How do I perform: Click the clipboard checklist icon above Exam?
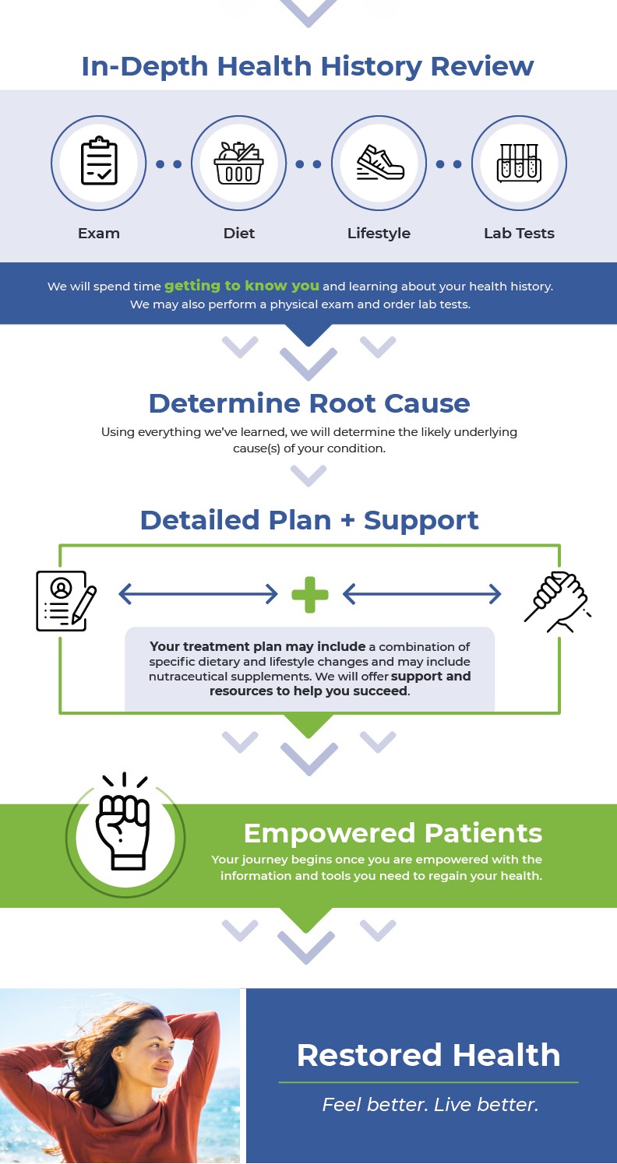click(x=99, y=161)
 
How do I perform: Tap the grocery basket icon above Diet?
click(x=238, y=163)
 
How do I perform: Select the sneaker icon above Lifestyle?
click(x=380, y=163)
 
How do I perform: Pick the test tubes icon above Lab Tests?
click(x=519, y=163)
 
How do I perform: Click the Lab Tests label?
click(x=519, y=234)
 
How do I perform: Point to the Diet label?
click(x=238, y=234)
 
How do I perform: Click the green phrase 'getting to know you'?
click(x=242, y=286)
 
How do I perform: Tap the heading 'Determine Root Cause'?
click(x=309, y=403)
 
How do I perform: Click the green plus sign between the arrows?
click(x=310, y=595)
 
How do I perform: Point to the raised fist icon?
click(x=124, y=822)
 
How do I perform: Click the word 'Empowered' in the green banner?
click(x=330, y=834)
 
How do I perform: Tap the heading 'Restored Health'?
click(x=428, y=1055)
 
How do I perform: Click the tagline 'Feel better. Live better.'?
click(x=430, y=1104)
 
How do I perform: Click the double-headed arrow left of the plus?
click(x=198, y=594)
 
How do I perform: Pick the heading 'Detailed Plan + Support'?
click(x=309, y=520)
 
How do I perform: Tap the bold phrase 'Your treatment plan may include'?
click(x=257, y=646)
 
